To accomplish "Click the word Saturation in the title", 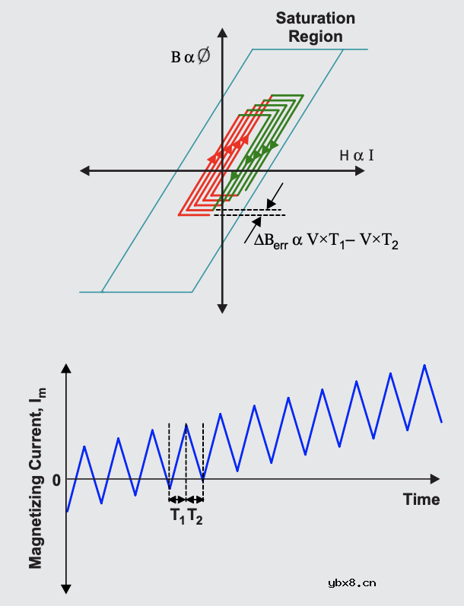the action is click(x=315, y=18).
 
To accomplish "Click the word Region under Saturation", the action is click(x=316, y=36).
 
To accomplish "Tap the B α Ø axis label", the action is click(x=191, y=56).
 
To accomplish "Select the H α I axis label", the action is click(x=357, y=155).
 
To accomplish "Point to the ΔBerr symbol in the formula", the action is click(x=271, y=240).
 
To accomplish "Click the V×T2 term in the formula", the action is click(x=379, y=241).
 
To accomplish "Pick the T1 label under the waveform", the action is click(x=177, y=516).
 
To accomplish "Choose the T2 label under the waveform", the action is click(x=195, y=516).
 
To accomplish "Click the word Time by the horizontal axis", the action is click(x=421, y=500).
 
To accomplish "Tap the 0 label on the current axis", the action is click(x=56, y=480).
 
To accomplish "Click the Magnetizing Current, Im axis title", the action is click(x=37, y=478).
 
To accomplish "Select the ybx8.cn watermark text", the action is click(x=352, y=583).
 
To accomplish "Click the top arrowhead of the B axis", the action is click(x=222, y=32).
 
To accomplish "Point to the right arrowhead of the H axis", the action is click(x=360, y=170).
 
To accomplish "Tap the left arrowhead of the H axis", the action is click(x=84, y=170).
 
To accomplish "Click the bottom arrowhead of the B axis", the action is click(x=222, y=309).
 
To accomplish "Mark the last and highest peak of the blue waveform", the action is click(x=424, y=365).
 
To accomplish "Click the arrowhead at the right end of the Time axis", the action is click(x=435, y=479).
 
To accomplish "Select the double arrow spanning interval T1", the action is click(x=177, y=500).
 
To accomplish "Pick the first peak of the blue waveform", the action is click(x=84, y=447).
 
